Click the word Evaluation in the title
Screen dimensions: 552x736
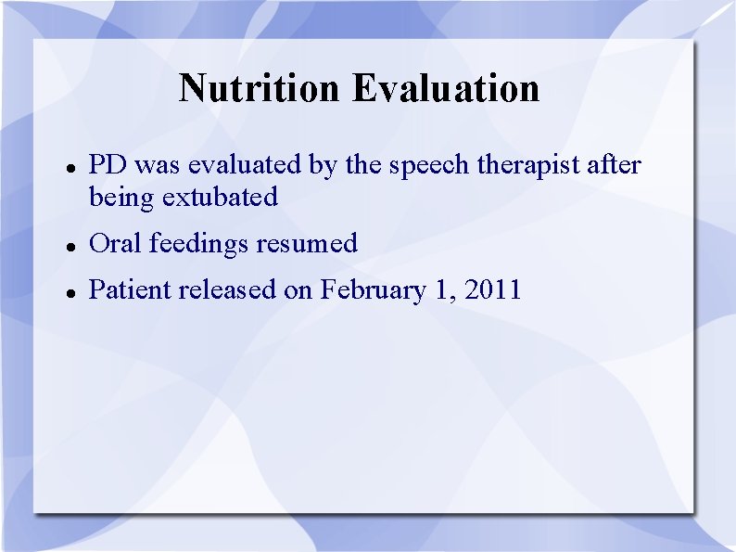(446, 89)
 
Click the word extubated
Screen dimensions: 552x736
(220, 197)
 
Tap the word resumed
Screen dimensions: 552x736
(307, 243)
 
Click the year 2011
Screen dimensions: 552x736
(493, 289)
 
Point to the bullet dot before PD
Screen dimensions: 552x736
(70, 168)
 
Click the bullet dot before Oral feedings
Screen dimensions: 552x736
(70, 246)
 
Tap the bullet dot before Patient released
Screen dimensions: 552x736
(70, 292)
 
